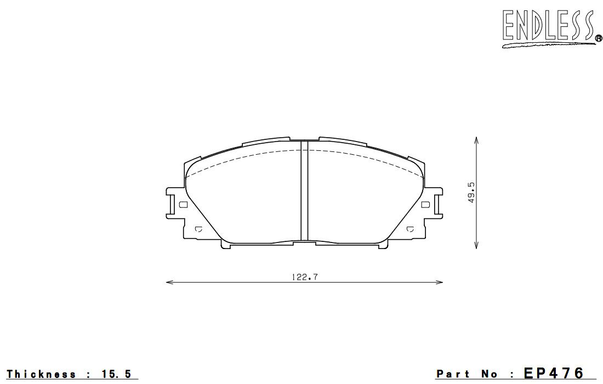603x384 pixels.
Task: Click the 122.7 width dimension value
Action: coord(305,277)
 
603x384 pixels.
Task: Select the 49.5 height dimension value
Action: coord(471,193)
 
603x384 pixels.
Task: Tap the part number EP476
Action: coord(554,373)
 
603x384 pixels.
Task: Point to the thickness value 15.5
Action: coord(116,374)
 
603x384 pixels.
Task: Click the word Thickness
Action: coord(41,374)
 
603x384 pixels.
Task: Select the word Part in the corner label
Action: coord(453,374)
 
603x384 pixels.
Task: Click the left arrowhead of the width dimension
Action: coord(170,283)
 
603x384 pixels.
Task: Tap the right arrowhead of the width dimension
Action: coord(439,283)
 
